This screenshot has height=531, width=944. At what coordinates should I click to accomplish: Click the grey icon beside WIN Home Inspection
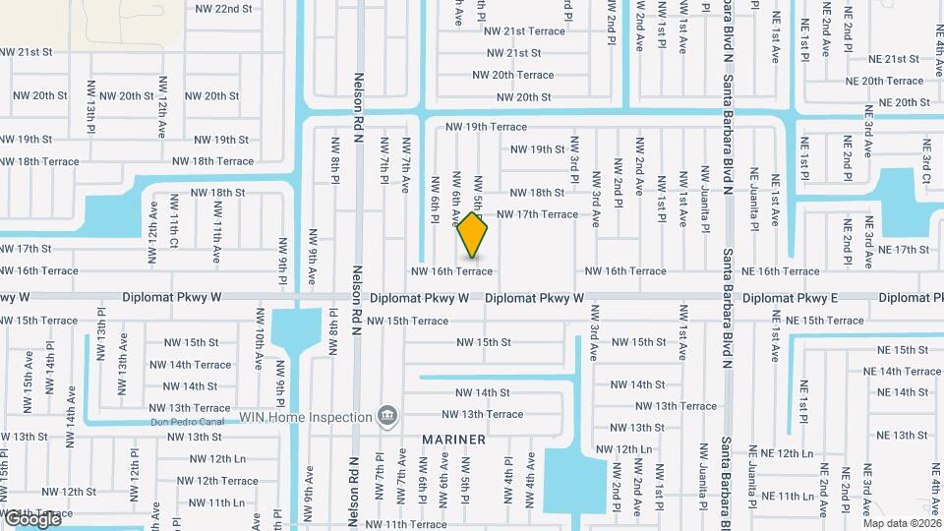(x=388, y=416)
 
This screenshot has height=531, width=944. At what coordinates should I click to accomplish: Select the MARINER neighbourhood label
(x=454, y=440)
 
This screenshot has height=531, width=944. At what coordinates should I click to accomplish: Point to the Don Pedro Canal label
(x=188, y=423)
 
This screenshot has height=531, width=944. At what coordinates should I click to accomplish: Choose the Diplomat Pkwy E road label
(x=791, y=298)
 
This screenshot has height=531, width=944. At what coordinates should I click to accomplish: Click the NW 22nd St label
(x=224, y=8)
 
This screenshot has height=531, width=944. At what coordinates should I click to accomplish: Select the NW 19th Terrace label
(x=487, y=127)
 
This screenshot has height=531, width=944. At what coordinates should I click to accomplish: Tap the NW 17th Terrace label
(x=537, y=214)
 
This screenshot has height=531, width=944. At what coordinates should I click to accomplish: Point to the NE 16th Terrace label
(x=781, y=271)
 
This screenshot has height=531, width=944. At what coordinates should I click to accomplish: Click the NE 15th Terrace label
(x=825, y=321)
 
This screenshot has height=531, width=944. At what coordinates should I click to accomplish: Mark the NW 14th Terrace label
(x=198, y=365)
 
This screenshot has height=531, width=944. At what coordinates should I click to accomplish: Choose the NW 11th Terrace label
(x=406, y=525)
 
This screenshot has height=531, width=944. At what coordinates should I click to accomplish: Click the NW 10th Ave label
(x=259, y=350)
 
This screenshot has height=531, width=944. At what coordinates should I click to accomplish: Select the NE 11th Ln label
(x=781, y=497)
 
